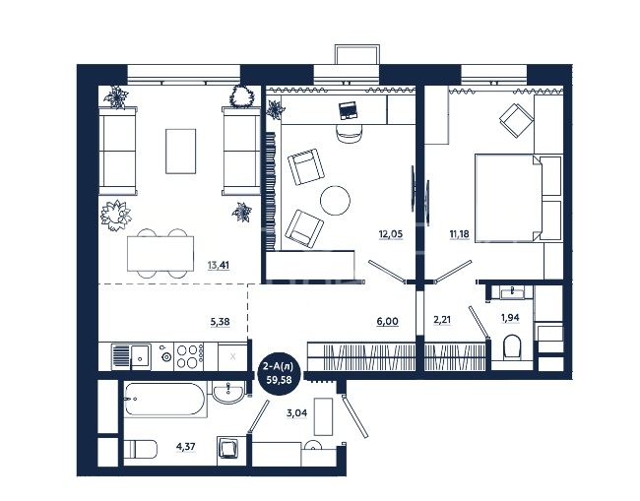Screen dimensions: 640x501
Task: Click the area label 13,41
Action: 219,265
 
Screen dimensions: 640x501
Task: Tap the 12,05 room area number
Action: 391,234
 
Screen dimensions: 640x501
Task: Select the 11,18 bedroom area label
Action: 459,234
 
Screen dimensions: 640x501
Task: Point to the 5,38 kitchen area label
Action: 220,322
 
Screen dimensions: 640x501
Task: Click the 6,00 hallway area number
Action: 387,322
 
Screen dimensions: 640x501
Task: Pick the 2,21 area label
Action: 442,320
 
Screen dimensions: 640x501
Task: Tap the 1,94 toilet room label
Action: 510,317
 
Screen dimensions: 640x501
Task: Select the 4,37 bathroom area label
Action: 186,447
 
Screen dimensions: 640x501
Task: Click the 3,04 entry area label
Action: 297,413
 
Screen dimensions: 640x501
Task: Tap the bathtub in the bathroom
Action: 164,400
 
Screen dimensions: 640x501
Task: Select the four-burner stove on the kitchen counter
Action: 189,356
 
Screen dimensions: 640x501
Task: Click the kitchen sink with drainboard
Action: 131,356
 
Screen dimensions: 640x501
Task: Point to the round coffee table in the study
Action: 335,201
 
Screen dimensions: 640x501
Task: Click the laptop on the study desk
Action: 349,110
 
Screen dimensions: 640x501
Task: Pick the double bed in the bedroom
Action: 518,198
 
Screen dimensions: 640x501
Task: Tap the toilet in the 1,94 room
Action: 511,346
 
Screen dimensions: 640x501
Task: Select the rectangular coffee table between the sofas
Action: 181,152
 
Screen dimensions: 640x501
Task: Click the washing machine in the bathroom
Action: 226,450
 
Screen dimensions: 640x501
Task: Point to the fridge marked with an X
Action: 232,356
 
